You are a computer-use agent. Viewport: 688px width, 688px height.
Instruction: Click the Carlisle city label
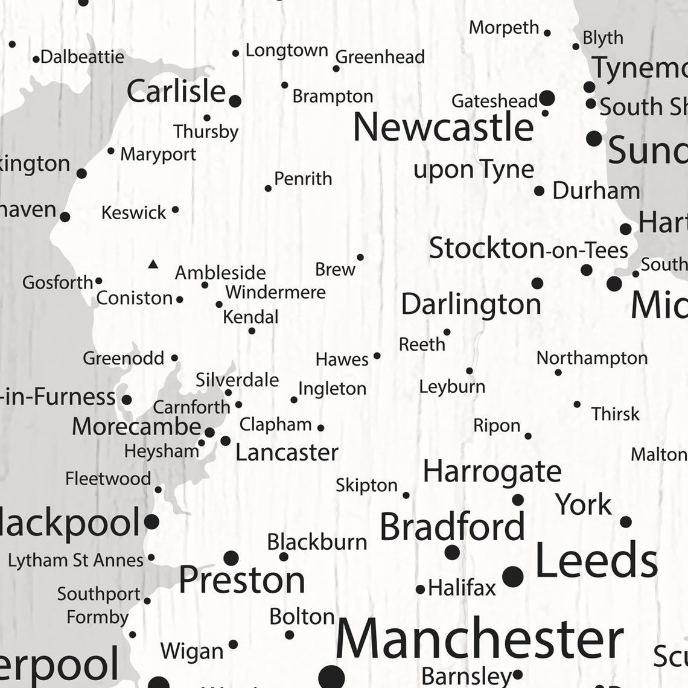[x=176, y=92]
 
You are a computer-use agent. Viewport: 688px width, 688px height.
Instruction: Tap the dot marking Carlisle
[x=235, y=101]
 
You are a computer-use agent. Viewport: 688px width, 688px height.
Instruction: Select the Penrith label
[x=303, y=179]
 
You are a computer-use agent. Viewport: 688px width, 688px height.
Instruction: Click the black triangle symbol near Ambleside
[x=153, y=264]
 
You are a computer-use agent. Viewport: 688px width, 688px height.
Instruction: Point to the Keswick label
[x=133, y=212]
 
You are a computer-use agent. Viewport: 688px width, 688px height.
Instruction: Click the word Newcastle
[x=443, y=127]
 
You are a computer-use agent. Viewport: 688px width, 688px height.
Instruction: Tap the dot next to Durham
[x=539, y=191]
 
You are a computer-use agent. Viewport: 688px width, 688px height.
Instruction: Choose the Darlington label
[x=471, y=304]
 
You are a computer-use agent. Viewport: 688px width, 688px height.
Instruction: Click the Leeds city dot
[x=513, y=576]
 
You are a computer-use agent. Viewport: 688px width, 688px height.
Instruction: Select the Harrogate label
[x=492, y=471]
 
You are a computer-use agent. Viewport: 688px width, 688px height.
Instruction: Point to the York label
[x=584, y=505]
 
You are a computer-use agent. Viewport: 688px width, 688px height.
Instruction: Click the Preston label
[x=241, y=580]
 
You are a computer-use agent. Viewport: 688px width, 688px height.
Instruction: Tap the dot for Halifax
[x=420, y=589]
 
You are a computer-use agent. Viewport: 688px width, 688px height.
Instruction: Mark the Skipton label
[x=366, y=485]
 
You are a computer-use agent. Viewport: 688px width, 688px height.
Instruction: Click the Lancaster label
[x=287, y=452]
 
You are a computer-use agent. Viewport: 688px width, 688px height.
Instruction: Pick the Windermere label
[x=275, y=292]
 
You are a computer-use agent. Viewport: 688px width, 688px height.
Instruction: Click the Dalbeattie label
[x=83, y=57]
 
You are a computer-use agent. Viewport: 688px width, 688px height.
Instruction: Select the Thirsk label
[x=615, y=414]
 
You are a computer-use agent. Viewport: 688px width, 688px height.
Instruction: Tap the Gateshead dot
[x=547, y=98]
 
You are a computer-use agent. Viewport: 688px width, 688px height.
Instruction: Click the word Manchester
[x=479, y=639]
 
